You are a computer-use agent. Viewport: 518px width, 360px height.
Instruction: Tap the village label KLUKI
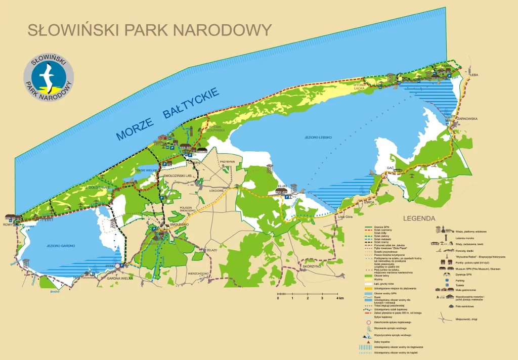282,186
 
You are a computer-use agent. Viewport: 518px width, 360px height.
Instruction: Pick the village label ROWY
8,224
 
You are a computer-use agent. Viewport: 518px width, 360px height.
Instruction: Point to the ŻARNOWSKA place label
467,119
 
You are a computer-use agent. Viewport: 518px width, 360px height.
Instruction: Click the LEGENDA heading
419,218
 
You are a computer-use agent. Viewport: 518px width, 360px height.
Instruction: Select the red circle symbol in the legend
368,322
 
